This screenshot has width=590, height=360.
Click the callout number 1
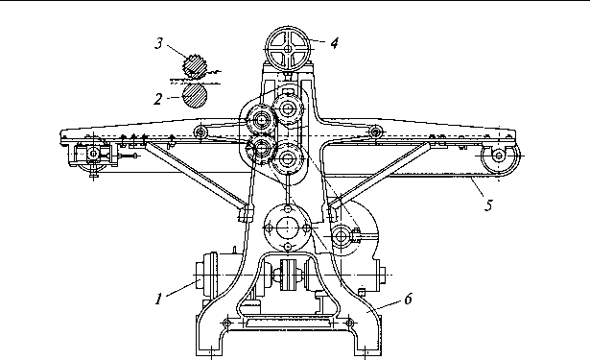158,299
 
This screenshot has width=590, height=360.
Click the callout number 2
158,99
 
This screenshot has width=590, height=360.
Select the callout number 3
159,43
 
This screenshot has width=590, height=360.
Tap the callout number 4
334,43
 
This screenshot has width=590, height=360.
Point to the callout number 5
488,205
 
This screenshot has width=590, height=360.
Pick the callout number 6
409,299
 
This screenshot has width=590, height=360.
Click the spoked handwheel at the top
288,49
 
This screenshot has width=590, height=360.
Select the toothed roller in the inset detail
195,66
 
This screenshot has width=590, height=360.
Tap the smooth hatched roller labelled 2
195,96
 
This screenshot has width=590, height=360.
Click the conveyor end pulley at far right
499,156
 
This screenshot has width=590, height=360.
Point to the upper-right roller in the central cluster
288,108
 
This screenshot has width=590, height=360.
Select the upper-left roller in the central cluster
261,120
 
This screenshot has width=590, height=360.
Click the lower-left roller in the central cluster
260,150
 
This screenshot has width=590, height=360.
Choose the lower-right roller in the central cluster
288,159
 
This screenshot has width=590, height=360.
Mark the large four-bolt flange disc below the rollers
288,228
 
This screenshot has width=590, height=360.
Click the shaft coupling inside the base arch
288,275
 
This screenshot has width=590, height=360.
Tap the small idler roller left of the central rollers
201,132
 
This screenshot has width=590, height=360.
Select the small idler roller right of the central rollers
375,132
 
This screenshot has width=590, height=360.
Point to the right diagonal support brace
380,175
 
